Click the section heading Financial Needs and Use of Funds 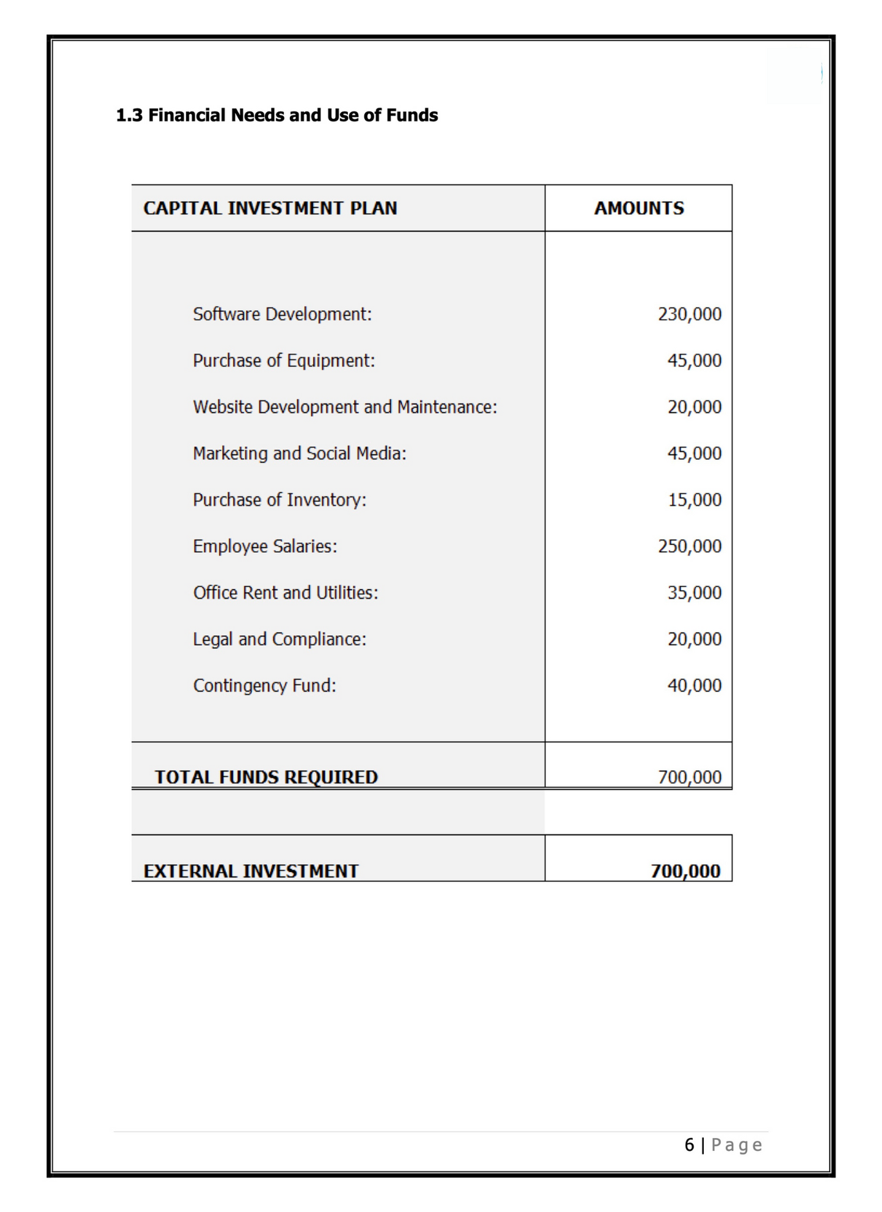click(x=277, y=115)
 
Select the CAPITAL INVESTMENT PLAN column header click(x=270, y=208)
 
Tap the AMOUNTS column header click(x=639, y=208)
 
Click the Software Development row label click(x=282, y=314)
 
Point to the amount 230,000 click(x=689, y=314)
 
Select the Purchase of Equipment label click(x=284, y=361)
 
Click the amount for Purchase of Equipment click(x=694, y=361)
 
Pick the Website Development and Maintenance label click(x=345, y=407)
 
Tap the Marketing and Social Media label click(x=299, y=453)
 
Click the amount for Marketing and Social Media click(x=694, y=453)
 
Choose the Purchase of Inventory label click(x=280, y=500)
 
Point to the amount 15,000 click(x=694, y=500)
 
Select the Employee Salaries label click(x=265, y=546)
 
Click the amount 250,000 click(x=689, y=546)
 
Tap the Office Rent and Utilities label click(x=286, y=593)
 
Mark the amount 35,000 click(x=694, y=593)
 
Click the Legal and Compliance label click(x=280, y=639)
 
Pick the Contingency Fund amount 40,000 click(x=694, y=685)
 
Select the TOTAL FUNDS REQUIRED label click(x=266, y=777)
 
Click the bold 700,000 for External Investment click(x=685, y=871)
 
